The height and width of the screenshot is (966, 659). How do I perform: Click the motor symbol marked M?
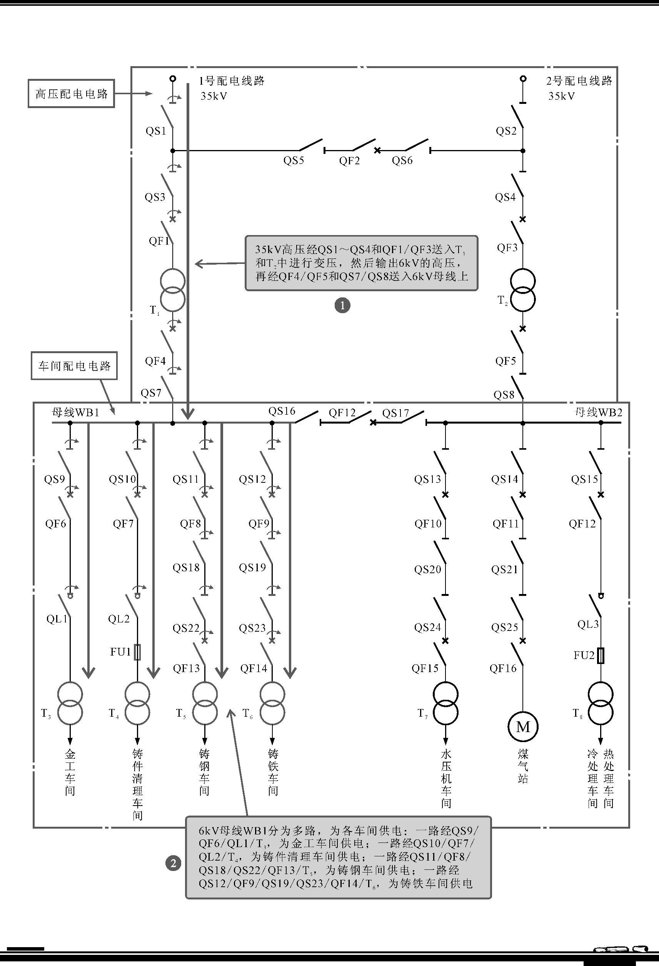point(523,727)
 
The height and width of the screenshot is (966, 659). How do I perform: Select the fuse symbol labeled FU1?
point(138,652)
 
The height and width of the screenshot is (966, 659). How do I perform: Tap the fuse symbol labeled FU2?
point(601,656)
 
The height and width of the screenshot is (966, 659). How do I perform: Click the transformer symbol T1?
point(173,290)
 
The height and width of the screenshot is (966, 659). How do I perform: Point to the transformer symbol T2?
point(523,290)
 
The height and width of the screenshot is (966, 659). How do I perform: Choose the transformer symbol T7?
point(445,703)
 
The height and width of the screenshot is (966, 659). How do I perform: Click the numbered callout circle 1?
point(342,305)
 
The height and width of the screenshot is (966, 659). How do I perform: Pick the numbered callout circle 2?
point(174,863)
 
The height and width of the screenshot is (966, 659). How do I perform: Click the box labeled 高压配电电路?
point(72,93)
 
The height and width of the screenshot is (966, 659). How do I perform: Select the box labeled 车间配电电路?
point(74,366)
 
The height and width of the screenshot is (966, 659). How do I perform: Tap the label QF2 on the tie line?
point(349,161)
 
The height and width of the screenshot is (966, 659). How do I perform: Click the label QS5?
point(294,160)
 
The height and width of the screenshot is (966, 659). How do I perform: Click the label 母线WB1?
point(76,412)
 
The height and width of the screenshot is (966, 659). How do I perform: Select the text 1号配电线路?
point(232,81)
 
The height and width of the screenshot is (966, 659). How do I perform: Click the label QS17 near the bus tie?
point(395,413)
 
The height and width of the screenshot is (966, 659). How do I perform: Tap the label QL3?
point(588,624)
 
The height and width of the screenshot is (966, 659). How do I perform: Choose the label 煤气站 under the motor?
point(523,766)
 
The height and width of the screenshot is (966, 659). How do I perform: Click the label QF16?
point(503,668)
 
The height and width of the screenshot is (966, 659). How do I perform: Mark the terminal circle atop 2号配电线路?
point(523,78)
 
